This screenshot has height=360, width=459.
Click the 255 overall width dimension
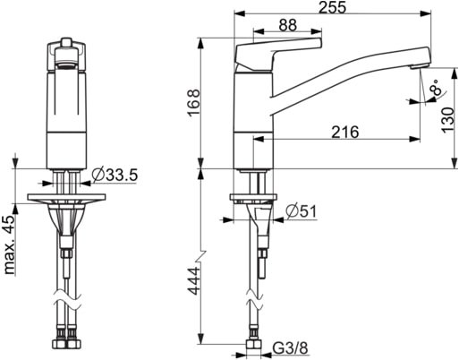tap(332, 7)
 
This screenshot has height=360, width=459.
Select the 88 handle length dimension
tap(288, 25)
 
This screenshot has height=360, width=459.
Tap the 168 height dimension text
tap(193, 102)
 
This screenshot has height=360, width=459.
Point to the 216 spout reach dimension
tap(345, 132)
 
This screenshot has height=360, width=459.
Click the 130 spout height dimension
tap(447, 120)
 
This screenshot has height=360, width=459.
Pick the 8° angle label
tap(436, 87)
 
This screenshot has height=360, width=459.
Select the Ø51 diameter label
tap(302, 211)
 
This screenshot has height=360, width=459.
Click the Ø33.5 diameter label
tap(115, 175)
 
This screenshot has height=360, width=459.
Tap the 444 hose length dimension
tap(194, 281)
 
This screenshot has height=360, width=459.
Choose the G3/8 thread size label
tap(290, 347)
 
